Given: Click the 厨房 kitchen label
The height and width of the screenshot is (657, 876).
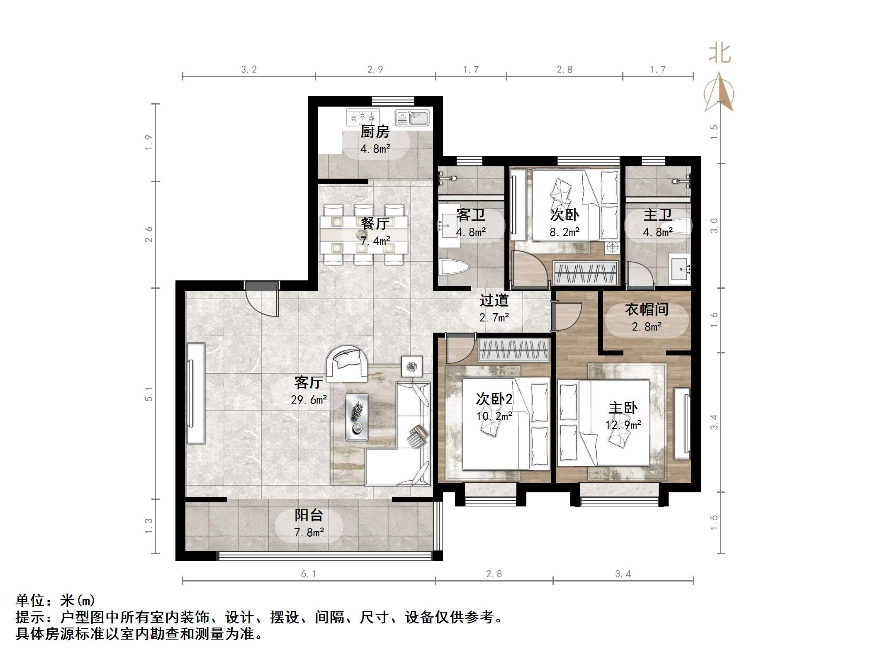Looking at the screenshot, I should [375, 132].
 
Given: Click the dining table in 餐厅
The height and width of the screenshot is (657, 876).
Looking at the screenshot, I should [364, 234].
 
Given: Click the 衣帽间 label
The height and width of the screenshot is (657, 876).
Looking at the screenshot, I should [647, 309].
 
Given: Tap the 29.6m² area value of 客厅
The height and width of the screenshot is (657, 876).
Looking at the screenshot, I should [309, 400].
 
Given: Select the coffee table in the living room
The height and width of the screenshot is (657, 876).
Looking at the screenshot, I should [357, 417].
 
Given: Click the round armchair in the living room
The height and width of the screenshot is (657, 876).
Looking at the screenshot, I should [347, 364].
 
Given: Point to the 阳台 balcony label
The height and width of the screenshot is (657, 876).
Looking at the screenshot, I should [309, 515].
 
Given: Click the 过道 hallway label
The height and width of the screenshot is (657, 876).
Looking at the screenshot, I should [494, 300].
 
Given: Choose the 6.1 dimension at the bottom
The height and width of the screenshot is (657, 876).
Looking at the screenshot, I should [309, 574].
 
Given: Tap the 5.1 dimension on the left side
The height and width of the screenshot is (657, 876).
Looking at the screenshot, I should [149, 394].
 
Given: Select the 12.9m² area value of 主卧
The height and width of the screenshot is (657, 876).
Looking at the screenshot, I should [623, 425].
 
